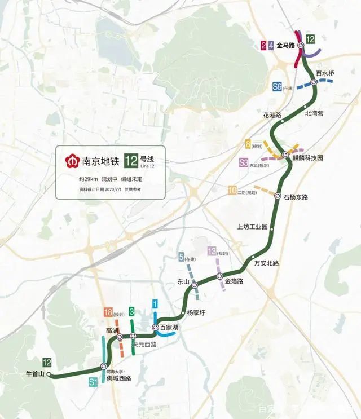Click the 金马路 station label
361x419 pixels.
pos(286,45)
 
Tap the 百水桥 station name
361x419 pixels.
pos(325,73)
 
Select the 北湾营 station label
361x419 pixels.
pos(314,113)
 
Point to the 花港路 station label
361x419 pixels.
pos(272,115)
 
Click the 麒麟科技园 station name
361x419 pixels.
pos(307,158)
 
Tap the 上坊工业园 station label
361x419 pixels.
pos(252,227)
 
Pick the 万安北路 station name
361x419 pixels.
pos(267,263)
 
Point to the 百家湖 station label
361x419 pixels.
pos(169,327)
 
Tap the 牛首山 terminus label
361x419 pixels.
pos(35,373)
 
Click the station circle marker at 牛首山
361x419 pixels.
pos(49,374)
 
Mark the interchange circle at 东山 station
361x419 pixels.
pos(195,285)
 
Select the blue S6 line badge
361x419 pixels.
pos(277,87)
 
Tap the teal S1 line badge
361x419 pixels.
pos(94,382)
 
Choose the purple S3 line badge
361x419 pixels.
pos(244,163)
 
